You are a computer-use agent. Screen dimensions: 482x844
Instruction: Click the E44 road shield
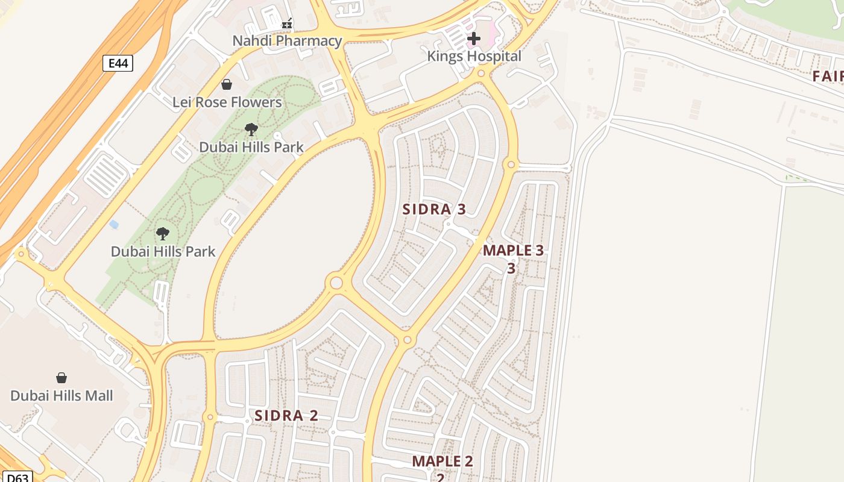118,63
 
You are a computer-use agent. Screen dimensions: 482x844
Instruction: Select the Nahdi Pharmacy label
288,41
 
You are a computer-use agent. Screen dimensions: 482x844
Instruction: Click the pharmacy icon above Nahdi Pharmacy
288,24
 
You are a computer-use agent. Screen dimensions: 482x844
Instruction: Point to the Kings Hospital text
474,56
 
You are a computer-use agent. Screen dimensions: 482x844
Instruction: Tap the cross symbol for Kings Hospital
474,39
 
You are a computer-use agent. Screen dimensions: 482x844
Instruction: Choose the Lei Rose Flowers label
227,102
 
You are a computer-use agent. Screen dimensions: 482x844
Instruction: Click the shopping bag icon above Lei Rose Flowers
227,84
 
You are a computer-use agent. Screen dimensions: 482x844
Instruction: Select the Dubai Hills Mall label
61,396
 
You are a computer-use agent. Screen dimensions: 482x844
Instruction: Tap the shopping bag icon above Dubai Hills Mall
61,378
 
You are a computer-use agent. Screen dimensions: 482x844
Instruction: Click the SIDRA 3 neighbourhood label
434,210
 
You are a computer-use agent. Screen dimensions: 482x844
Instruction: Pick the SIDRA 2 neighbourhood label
286,416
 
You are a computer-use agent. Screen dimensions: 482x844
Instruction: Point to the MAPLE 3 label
513,251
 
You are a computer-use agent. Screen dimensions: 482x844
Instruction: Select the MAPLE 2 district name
442,462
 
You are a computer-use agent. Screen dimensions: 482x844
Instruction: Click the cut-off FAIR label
827,76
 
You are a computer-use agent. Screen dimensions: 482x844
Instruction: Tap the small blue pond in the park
114,225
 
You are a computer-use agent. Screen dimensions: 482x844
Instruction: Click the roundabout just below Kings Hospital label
481,74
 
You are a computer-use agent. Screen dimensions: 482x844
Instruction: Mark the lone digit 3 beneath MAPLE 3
511,268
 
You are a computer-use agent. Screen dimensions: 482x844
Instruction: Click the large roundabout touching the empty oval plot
336,283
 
